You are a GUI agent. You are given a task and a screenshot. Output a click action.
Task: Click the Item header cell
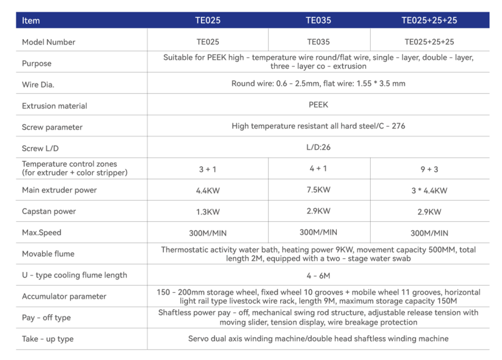click(x=31, y=20)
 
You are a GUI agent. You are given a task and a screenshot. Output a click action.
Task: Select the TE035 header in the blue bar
click(x=318, y=20)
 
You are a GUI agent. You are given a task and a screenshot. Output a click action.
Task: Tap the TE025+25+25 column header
click(x=429, y=20)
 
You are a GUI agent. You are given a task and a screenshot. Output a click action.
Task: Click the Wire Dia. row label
click(x=38, y=85)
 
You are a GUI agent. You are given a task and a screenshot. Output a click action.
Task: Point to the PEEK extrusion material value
click(x=318, y=105)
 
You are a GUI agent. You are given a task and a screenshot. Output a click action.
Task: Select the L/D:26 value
click(x=318, y=147)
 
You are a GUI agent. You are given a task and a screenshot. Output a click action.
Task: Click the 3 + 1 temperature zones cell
click(x=208, y=169)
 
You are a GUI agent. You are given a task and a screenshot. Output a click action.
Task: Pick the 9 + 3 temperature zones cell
click(x=429, y=169)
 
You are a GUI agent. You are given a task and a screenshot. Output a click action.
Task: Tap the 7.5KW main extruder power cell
click(x=318, y=190)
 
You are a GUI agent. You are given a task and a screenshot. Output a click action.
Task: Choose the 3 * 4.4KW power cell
click(x=429, y=191)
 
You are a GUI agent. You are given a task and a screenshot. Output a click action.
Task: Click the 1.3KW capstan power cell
click(x=208, y=212)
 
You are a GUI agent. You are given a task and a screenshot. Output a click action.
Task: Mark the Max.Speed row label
click(x=41, y=233)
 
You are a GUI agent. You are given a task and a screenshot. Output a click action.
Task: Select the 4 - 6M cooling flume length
click(x=318, y=275)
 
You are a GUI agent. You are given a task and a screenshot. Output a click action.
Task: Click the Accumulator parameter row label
click(x=64, y=296)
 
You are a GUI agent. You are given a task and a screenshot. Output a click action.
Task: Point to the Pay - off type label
click(x=46, y=317)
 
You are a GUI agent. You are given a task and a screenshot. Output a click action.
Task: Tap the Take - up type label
click(x=48, y=339)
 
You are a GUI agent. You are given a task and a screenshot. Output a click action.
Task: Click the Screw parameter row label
click(x=52, y=127)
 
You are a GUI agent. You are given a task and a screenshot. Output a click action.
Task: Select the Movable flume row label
click(x=48, y=254)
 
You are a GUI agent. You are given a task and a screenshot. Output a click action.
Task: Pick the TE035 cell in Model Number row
click(x=318, y=42)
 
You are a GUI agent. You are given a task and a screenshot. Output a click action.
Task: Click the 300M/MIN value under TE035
click(x=318, y=232)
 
